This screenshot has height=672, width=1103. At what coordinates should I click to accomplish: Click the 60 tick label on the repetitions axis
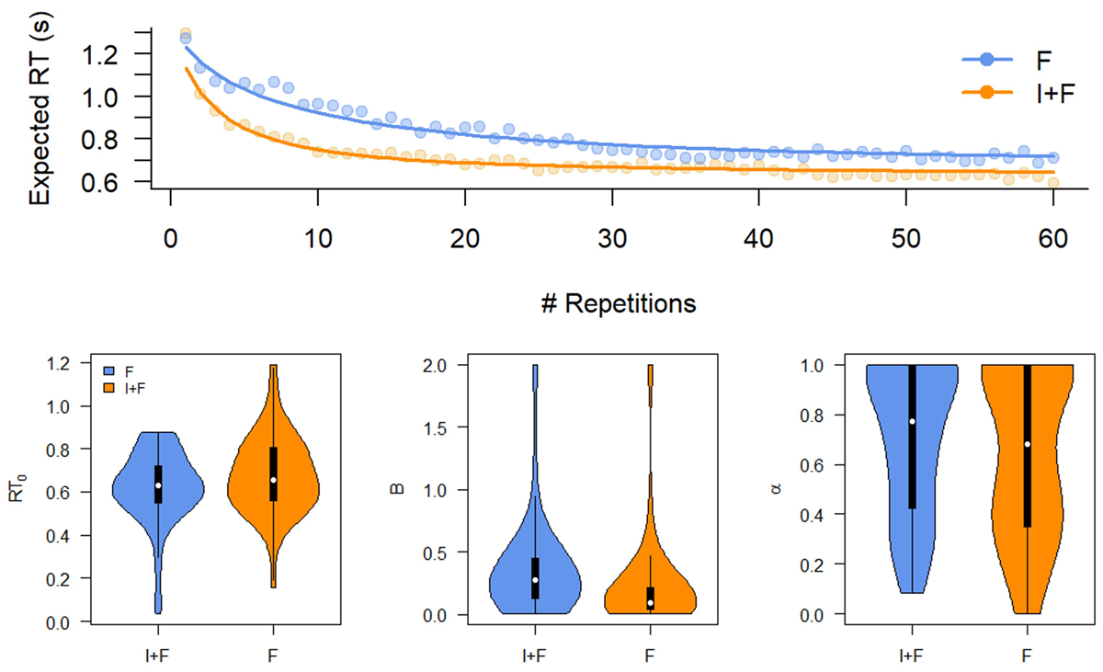[x=1052, y=241]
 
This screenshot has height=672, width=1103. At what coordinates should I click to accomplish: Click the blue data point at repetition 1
[x=185, y=39]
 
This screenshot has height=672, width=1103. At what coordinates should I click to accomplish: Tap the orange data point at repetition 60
[x=1052, y=182]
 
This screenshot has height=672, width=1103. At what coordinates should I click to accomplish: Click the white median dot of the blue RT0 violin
[x=158, y=485]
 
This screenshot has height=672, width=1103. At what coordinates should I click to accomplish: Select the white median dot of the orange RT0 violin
[x=273, y=480]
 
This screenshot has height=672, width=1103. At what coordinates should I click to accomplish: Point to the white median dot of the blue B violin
[x=535, y=580]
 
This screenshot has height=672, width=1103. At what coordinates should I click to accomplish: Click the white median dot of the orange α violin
[x=1027, y=444]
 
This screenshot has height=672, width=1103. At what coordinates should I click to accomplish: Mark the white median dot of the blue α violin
[x=912, y=421]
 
